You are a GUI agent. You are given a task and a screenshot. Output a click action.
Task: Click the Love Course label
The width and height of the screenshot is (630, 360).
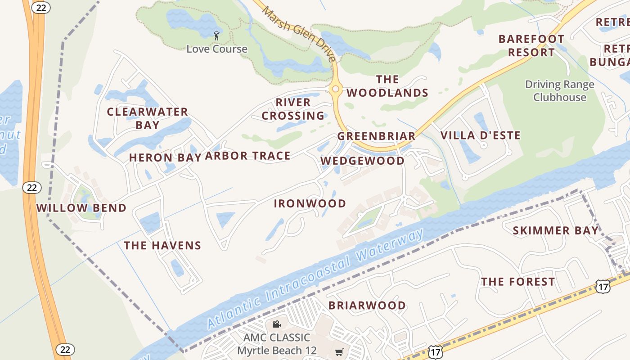[217, 49]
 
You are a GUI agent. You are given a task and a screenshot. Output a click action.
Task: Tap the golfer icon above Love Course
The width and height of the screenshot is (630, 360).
[216, 35]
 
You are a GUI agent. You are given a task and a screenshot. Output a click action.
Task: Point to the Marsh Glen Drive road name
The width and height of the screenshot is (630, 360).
[299, 33]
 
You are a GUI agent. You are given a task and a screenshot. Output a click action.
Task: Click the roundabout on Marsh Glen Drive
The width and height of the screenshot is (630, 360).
[335, 89]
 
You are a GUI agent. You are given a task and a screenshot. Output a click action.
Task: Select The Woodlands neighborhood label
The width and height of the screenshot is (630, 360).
[387, 86]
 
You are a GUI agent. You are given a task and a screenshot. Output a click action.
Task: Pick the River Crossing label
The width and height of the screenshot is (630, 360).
[293, 109]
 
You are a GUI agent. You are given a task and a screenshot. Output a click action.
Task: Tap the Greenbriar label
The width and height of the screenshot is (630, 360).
[376, 136]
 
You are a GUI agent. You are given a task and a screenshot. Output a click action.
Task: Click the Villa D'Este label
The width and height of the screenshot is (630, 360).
[480, 135]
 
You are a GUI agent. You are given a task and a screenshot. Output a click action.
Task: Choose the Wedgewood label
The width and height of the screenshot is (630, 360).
[362, 161]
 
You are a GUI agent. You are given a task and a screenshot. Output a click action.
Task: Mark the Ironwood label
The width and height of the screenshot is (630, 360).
[310, 203]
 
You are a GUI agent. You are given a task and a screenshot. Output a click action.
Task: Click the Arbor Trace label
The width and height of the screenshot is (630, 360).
[247, 156]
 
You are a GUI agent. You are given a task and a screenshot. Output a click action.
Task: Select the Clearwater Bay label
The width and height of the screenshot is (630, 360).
[147, 118]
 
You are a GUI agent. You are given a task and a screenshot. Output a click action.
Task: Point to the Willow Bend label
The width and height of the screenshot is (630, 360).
[81, 208]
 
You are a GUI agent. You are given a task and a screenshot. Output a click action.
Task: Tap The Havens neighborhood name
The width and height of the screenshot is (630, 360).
[162, 245]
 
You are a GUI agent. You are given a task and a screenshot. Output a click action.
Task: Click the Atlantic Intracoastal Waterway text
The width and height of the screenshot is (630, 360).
[315, 279]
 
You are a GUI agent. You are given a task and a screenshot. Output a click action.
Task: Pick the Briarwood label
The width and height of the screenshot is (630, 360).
[367, 306]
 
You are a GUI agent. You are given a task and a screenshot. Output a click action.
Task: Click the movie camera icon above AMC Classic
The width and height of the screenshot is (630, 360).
[276, 324]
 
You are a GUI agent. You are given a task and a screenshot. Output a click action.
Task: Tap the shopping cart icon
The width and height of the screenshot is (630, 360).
[339, 352]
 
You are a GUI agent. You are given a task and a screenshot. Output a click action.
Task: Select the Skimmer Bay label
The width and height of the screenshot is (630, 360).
[556, 231]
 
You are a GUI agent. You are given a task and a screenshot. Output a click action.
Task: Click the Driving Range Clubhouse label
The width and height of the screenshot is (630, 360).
[560, 90]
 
